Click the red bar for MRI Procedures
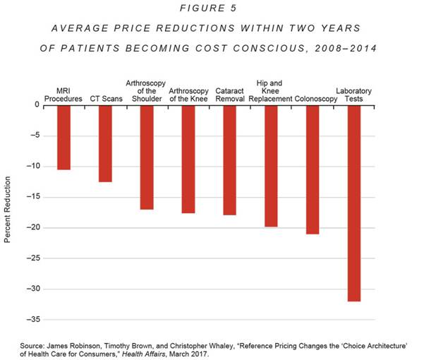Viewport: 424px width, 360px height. tap(63, 137)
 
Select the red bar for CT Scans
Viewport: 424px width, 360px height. tap(105, 143)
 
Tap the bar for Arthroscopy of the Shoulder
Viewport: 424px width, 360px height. tap(147, 157)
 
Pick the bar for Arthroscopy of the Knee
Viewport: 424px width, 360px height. tap(188, 159)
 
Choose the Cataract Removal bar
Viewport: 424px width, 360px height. tap(229, 160)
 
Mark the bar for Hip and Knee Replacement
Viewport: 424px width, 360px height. tap(271, 166)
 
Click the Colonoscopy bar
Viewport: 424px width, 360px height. tap(313, 169)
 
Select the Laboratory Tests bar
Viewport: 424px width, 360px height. tap(354, 203)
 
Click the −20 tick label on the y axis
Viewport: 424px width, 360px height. tap(32, 228)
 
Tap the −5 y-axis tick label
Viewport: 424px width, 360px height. tap(35, 136)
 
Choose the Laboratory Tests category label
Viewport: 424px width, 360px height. tap(354, 95)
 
